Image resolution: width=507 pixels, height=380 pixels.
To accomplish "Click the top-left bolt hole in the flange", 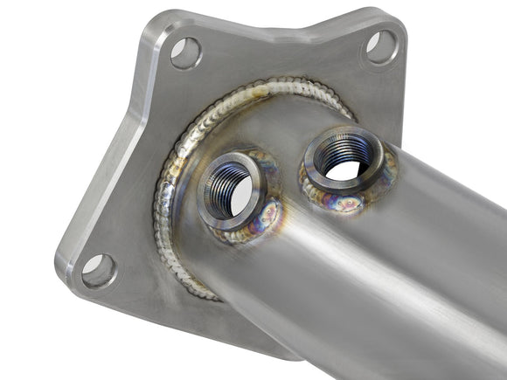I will point(185,53).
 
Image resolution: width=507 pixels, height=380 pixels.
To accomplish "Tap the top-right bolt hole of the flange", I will point(381,46).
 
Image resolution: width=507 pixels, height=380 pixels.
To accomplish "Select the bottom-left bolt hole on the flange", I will point(98,271).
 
